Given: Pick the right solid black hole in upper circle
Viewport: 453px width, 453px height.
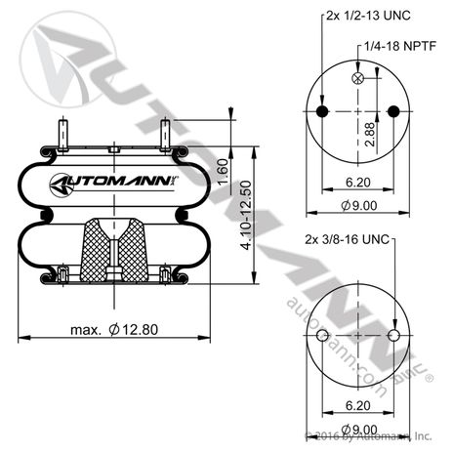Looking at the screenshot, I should pos(393,113).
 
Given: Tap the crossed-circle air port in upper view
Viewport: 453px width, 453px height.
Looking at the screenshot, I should pos(358,78).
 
